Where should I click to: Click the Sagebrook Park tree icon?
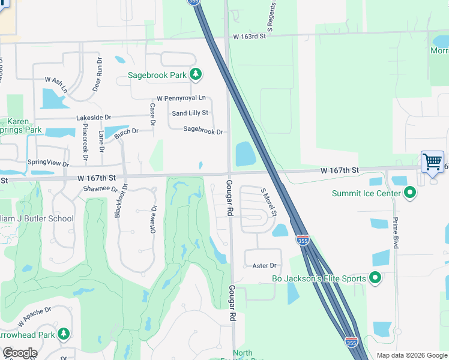195,74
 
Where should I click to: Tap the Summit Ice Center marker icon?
411,193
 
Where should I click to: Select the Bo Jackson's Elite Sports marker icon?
375,278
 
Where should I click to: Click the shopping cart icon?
432,161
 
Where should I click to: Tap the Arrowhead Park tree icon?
63,334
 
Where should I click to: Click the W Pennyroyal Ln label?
181,98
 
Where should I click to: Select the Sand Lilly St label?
190,113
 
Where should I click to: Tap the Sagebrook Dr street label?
203,131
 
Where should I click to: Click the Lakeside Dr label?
94,118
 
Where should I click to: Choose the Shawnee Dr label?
101,188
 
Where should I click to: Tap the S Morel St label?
268,202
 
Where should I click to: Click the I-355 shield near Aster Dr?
303,240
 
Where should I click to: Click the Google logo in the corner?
20,353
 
